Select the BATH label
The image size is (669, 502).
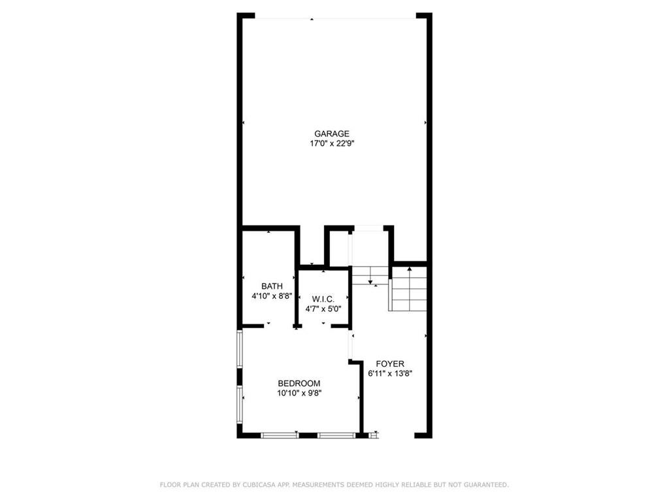tap(272, 286)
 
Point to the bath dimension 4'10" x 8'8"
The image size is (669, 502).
tap(272, 296)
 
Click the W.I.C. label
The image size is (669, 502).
tap(323, 299)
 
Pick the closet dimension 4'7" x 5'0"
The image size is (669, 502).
tap(323, 309)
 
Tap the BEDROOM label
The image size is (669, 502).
tap(299, 383)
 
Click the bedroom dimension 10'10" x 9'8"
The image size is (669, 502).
tap(299, 393)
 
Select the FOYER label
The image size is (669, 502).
tap(389, 363)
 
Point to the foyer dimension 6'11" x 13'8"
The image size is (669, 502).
tap(389, 374)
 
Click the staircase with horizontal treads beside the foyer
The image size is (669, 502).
tap(409, 290)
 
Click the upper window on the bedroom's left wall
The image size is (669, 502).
tap(240, 350)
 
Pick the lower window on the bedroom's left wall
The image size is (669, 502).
tap(240, 403)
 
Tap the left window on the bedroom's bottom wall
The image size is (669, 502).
tap(280, 435)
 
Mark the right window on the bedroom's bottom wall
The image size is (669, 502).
tap(336, 435)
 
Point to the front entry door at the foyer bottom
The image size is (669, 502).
tap(396, 435)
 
